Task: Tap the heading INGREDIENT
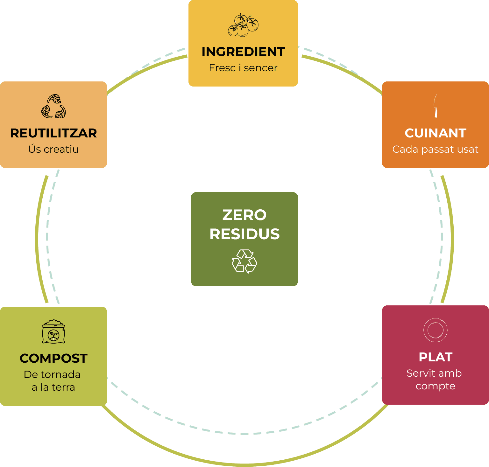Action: point(243,52)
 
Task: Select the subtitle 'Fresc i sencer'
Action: point(243,68)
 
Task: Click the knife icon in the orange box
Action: point(436,106)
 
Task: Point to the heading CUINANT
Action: point(436,133)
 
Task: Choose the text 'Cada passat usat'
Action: point(435,149)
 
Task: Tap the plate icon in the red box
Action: point(436,330)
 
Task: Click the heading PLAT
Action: point(436,357)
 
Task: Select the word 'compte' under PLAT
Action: point(436,386)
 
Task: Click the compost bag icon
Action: point(53,331)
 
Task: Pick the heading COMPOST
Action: point(53,359)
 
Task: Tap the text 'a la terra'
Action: point(53,387)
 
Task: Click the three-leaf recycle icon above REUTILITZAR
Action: point(53,106)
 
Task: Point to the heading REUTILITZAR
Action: point(53,133)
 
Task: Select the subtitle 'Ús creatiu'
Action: point(53,149)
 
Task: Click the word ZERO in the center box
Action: point(244,215)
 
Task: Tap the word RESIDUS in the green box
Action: point(244,234)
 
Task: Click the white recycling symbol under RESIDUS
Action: point(244,261)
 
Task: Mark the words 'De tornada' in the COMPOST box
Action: point(52,374)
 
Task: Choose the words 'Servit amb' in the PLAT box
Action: point(434,373)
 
